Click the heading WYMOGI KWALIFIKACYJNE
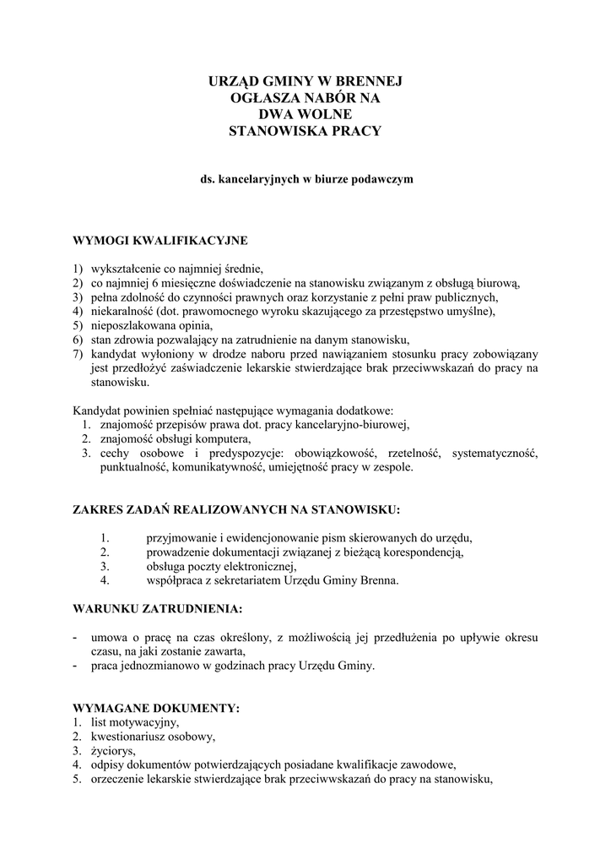(160, 241)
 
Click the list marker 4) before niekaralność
(78, 310)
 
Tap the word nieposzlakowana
(129, 324)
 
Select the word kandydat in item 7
(115, 354)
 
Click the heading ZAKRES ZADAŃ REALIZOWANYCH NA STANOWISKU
(237, 510)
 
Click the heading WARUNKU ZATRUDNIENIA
(158, 608)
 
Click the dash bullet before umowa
(78, 637)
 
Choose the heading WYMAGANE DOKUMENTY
(157, 708)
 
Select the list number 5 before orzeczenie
(76, 779)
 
